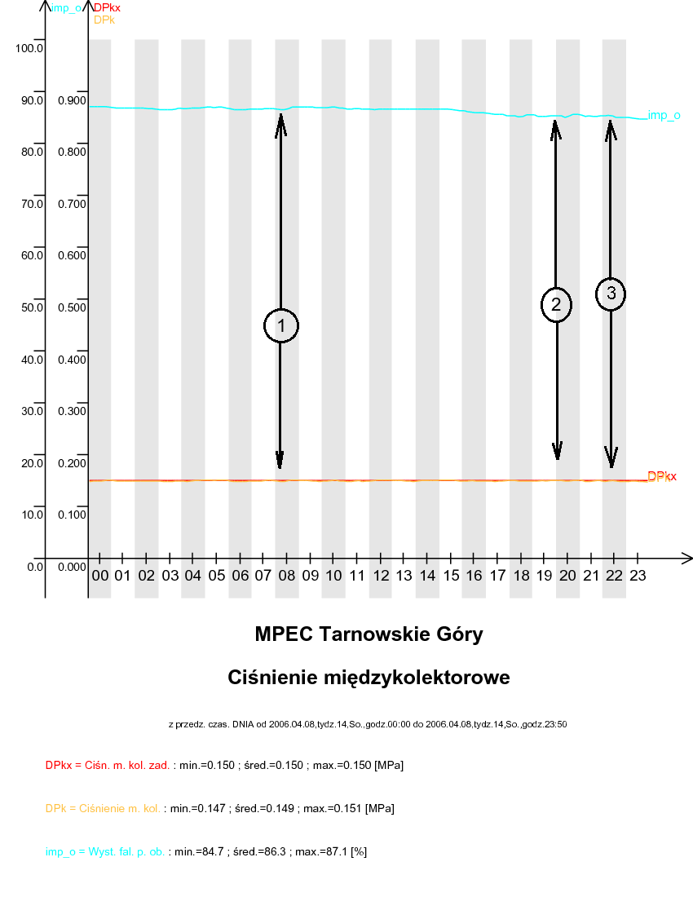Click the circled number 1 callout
tap(281, 326)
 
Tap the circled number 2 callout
tap(556, 304)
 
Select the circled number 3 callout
tap(611, 294)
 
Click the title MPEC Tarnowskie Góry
tap(369, 634)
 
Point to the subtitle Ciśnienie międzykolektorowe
tap(369, 678)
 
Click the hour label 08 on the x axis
tap(287, 575)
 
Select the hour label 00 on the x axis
tap(100, 575)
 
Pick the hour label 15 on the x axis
tap(450, 575)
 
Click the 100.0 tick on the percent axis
tap(29, 48)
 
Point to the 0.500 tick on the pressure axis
tap(73, 307)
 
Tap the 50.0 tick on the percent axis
tap(33, 307)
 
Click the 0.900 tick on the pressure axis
tap(73, 100)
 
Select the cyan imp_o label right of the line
tap(664, 116)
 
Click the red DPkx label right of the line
tap(662, 476)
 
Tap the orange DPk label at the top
tap(104, 20)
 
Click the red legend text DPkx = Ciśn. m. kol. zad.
tap(108, 766)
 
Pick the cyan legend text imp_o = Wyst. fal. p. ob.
tap(105, 851)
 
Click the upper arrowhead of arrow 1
tap(280, 121)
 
